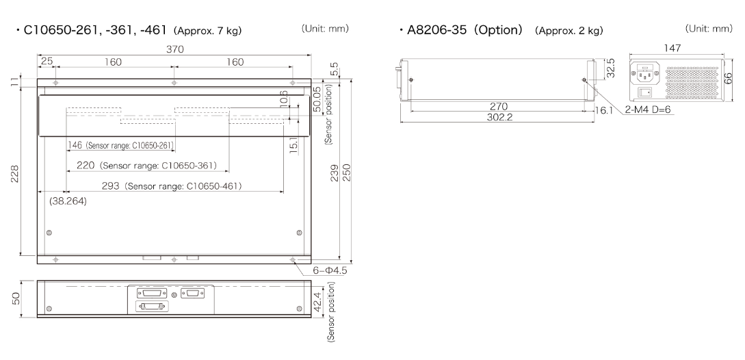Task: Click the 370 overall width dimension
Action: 175,49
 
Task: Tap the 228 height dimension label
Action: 15,173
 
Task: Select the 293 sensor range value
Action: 111,186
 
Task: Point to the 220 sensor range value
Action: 86,166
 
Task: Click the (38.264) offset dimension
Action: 68,202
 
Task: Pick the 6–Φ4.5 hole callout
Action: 330,270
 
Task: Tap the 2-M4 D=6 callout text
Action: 647,110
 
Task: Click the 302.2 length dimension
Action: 499,117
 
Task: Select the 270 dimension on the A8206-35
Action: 499,107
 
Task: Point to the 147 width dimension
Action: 672,48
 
